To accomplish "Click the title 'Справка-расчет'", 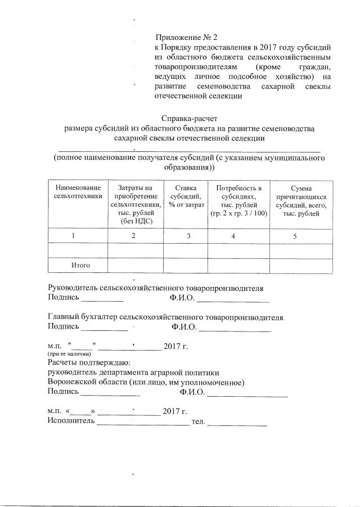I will [x=188, y=119].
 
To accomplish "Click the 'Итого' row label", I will [x=80, y=264].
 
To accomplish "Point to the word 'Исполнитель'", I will [x=71, y=421].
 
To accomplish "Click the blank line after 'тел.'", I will [x=237, y=423].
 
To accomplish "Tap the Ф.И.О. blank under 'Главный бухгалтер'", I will [x=235, y=327].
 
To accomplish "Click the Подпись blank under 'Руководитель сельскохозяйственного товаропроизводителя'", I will [x=102, y=298].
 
